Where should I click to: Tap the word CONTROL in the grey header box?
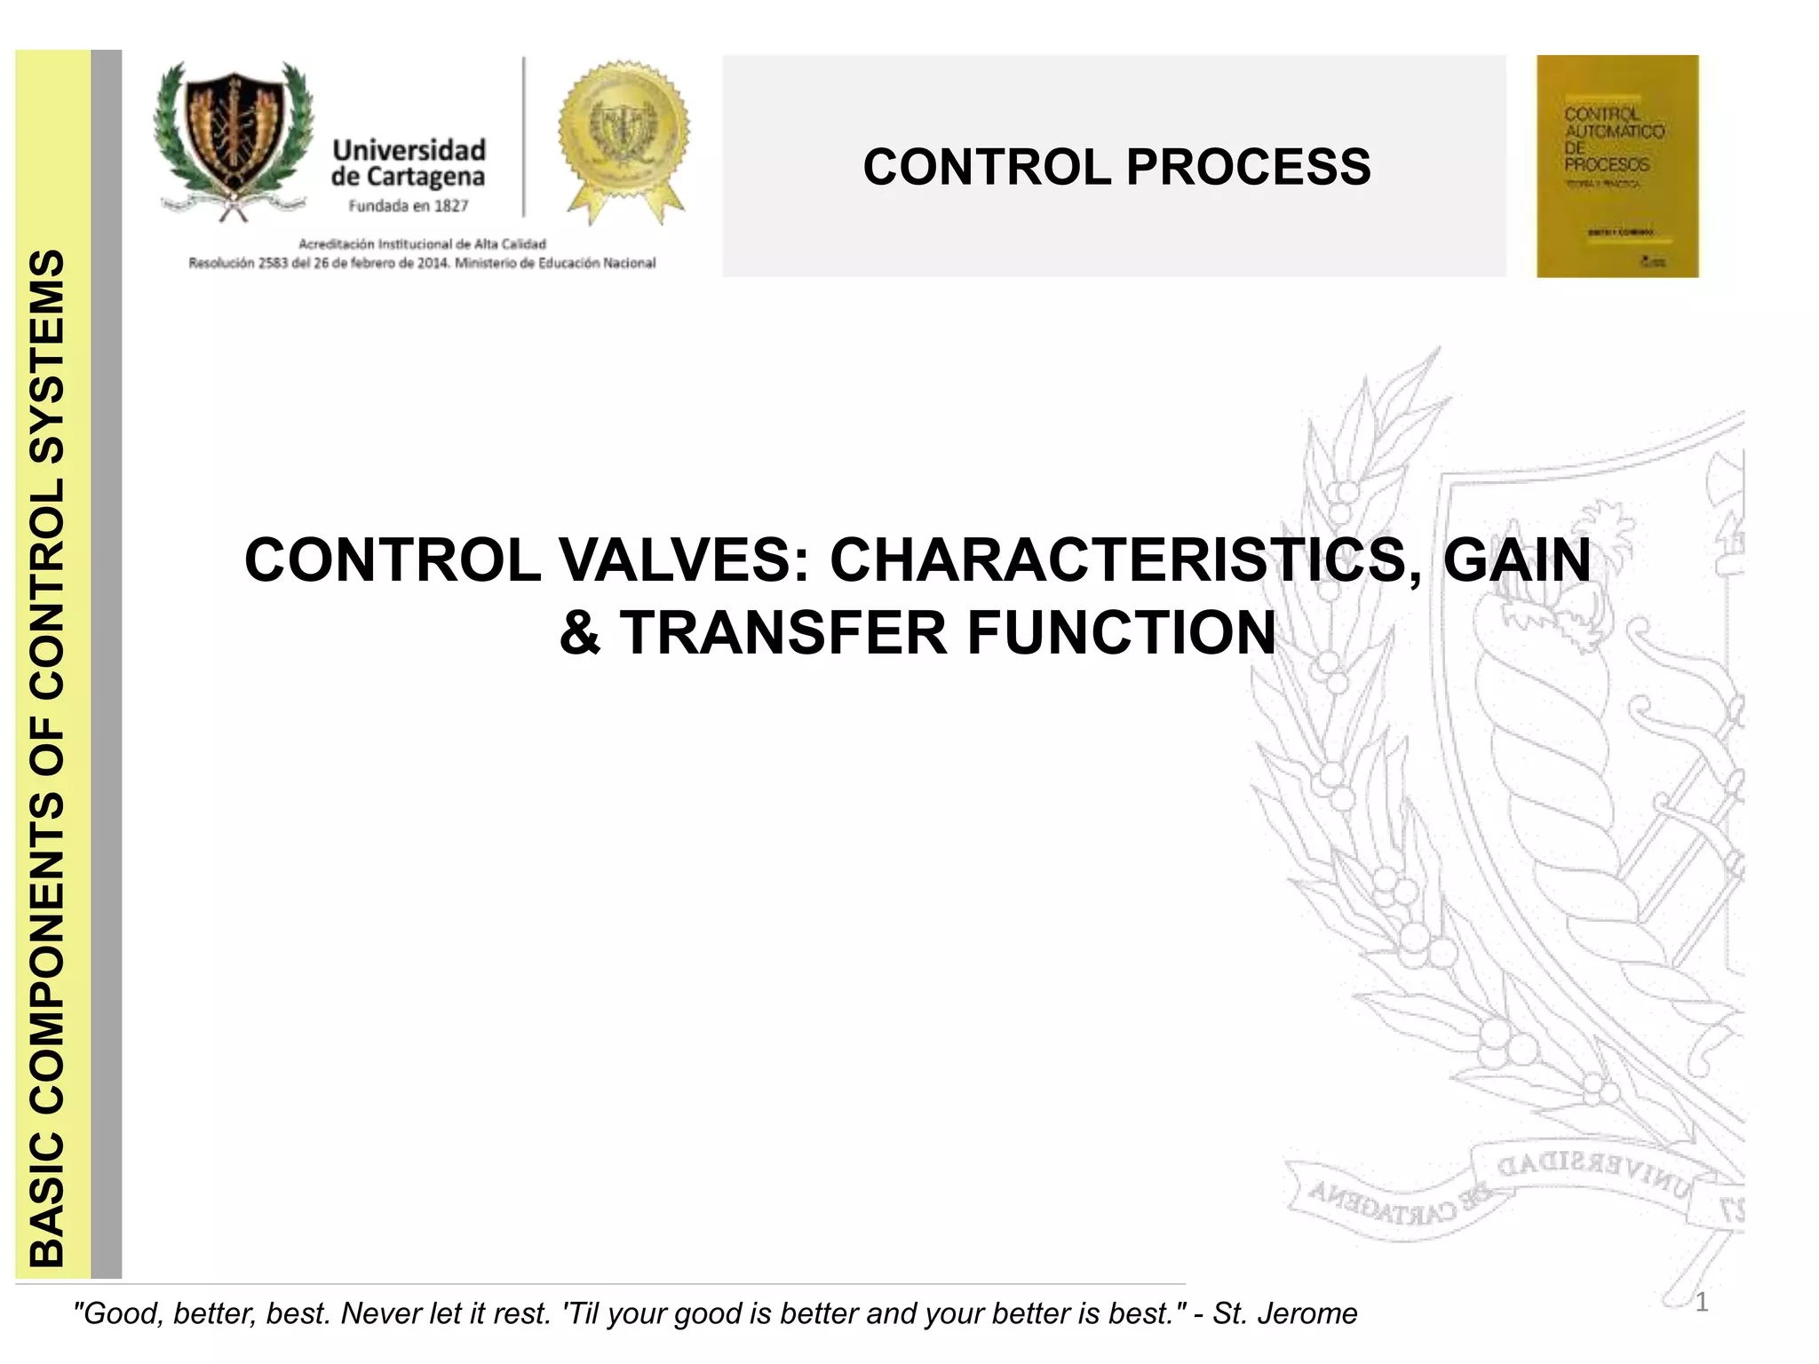tap(986, 167)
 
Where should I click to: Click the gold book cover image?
tap(1616, 166)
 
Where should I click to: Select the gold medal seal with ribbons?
tap(624, 138)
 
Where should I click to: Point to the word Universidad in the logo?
tap(409, 149)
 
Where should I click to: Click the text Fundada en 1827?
tap(408, 206)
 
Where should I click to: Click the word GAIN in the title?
tap(1517, 560)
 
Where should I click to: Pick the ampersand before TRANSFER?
tap(579, 633)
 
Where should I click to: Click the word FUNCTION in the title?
tap(1121, 633)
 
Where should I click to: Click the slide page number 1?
tap(1701, 1303)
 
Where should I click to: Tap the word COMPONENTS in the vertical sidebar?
tap(47, 955)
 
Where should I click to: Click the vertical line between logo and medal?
tap(524, 138)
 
